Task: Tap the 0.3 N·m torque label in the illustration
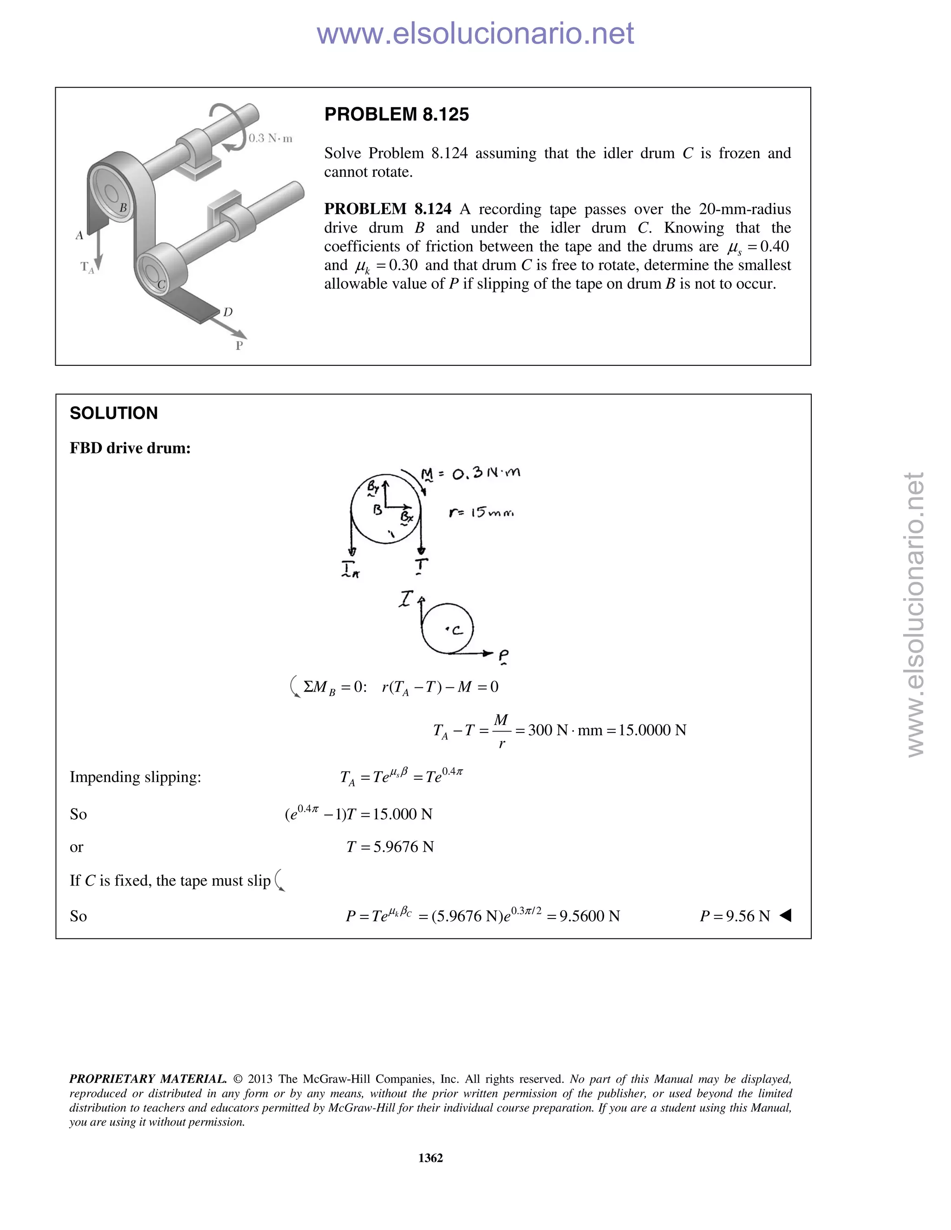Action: (x=270, y=138)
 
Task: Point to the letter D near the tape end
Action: (x=228, y=312)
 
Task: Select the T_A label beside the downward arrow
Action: (x=87, y=267)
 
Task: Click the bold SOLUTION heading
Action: (x=113, y=414)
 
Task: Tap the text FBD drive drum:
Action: (x=130, y=448)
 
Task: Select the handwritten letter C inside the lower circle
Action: (x=456, y=630)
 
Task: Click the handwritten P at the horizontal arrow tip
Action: (x=503, y=655)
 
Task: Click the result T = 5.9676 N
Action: (x=390, y=847)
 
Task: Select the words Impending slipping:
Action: (x=135, y=777)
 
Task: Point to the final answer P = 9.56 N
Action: (x=734, y=916)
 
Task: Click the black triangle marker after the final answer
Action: (x=785, y=916)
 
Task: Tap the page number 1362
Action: (x=430, y=1158)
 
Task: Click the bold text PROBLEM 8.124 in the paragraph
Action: (x=388, y=209)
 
